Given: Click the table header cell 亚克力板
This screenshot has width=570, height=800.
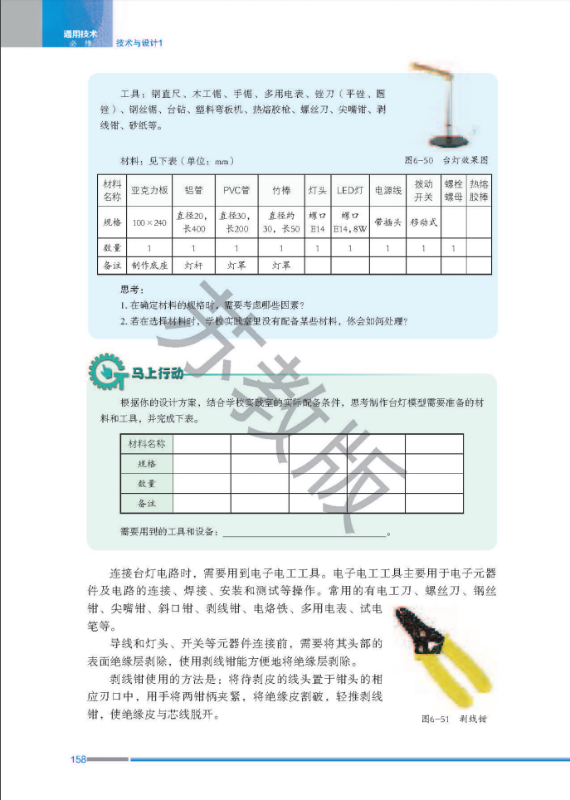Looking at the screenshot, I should click(x=150, y=191).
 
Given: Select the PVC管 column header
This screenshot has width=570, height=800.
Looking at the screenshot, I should click(x=236, y=191).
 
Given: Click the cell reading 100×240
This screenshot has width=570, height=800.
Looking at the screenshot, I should click(x=150, y=222).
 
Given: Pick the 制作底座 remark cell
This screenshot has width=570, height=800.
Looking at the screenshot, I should click(x=150, y=266).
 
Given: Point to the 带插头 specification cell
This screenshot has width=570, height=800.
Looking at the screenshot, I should click(x=387, y=222).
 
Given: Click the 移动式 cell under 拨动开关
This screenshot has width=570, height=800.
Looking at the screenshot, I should click(x=423, y=222).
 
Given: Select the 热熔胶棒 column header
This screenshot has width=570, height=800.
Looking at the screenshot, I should click(x=479, y=191).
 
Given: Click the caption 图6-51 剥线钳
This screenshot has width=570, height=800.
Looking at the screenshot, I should click(x=454, y=719).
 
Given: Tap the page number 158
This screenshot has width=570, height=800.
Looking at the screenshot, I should click(x=79, y=759).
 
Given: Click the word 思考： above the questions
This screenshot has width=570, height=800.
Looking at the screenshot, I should click(x=132, y=290).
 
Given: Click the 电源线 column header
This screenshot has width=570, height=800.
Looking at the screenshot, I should click(x=387, y=191).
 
